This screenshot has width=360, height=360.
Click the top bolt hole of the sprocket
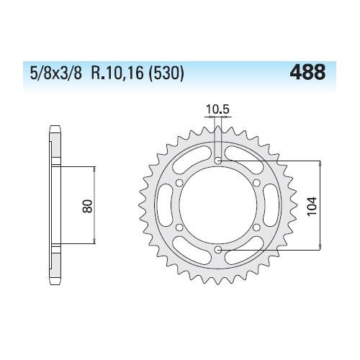click(x=218, y=160)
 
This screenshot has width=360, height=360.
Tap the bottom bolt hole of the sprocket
click(x=218, y=250)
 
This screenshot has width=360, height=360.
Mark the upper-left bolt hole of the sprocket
click(x=179, y=183)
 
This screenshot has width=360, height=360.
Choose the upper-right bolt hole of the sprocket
click(x=257, y=183)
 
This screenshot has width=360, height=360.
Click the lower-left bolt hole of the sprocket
click(x=179, y=228)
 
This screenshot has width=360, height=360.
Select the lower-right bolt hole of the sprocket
click(x=257, y=228)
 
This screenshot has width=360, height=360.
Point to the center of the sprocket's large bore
click(x=218, y=205)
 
